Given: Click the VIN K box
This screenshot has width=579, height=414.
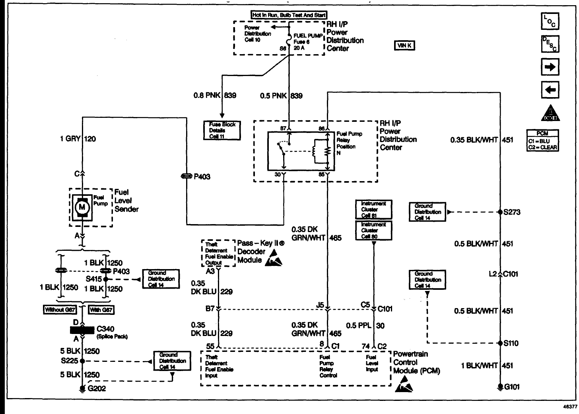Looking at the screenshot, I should (404, 45).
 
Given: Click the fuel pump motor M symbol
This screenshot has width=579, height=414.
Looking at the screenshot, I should (82, 207).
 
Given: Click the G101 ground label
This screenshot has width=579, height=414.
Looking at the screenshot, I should (512, 387).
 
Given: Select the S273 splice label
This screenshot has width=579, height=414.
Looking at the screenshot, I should (511, 212).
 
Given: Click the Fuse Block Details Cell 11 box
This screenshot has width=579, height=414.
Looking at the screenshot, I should (222, 130).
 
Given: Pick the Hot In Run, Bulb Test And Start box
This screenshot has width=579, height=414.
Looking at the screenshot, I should (289, 15).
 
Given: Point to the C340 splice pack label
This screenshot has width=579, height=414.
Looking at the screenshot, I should (105, 329).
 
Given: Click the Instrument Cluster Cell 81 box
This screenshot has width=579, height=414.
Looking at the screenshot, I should (373, 209).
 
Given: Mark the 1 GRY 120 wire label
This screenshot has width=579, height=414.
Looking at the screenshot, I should (78, 139).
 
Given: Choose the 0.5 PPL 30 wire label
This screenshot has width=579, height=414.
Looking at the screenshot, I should (365, 325).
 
